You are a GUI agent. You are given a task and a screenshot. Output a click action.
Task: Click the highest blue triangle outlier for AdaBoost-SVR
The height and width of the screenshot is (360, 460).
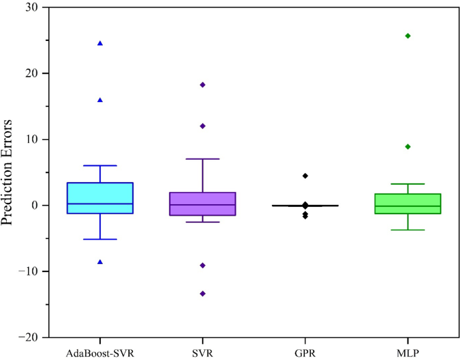click(x=100, y=43)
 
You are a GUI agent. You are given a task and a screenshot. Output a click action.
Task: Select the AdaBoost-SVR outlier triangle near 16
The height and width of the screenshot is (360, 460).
click(x=100, y=99)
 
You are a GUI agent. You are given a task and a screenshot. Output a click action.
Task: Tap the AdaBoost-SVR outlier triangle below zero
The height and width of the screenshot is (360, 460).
click(x=100, y=261)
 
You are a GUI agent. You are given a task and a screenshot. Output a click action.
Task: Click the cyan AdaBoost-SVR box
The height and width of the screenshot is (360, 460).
click(x=100, y=197)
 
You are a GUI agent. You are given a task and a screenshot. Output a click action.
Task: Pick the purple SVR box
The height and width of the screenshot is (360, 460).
click(x=203, y=204)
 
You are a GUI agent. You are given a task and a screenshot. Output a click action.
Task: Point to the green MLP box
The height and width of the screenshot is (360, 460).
click(x=408, y=204)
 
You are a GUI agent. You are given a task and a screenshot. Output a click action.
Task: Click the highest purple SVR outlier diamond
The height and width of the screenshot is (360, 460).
click(x=203, y=85)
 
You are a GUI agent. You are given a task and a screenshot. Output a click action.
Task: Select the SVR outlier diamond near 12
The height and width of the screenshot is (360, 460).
click(x=203, y=126)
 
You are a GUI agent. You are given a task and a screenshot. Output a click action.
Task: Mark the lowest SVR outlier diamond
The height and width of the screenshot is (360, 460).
click(x=203, y=294)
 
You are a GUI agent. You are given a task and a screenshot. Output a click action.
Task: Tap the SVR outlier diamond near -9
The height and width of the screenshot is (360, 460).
click(x=203, y=265)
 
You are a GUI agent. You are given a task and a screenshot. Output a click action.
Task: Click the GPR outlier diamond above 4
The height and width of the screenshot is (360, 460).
click(x=305, y=175)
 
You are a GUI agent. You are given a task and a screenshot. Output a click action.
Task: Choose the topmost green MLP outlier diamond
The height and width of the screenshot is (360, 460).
click(x=408, y=36)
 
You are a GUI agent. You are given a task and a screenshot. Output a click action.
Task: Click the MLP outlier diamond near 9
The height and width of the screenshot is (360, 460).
click(x=408, y=146)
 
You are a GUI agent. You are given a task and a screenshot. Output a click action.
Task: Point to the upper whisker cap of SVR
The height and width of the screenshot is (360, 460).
click(x=203, y=159)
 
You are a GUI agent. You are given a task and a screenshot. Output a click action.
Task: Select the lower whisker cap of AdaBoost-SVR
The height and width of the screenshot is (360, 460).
click(x=100, y=239)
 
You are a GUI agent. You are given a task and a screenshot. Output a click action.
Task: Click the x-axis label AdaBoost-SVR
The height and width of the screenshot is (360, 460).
click(x=100, y=351)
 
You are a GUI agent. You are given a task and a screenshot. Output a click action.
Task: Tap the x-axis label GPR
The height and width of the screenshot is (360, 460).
click(x=305, y=351)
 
